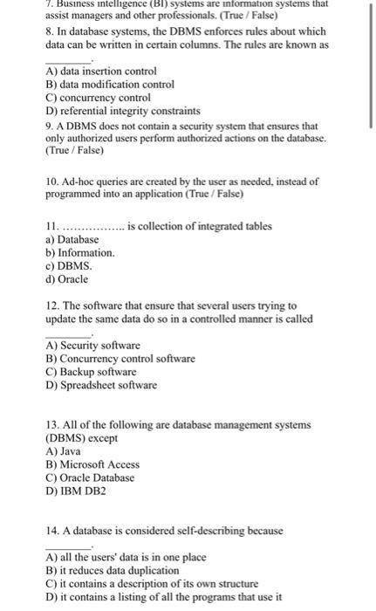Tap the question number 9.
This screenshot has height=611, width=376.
click(49, 126)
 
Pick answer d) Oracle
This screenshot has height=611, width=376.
click(66, 279)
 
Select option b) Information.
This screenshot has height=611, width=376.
click(79, 252)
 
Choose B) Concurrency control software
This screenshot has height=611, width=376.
click(120, 359)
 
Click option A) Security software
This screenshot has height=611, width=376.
click(92, 346)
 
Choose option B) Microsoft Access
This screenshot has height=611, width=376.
click(92, 464)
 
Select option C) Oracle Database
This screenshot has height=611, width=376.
click(90, 477)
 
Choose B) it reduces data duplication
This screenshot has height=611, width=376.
click(124, 570)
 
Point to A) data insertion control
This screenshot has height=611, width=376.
click(101, 70)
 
